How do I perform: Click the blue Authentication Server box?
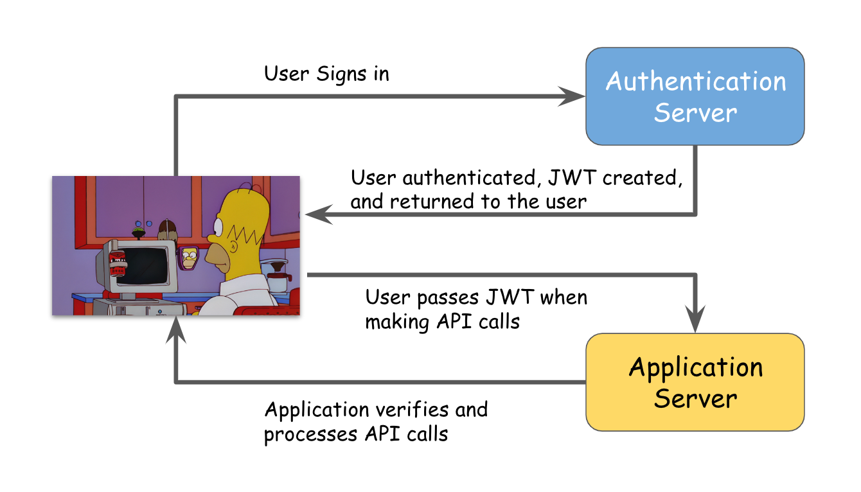pyautogui.click(x=695, y=96)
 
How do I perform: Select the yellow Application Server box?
pyautogui.click(x=695, y=382)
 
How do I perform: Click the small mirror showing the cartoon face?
pyautogui.click(x=189, y=258)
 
